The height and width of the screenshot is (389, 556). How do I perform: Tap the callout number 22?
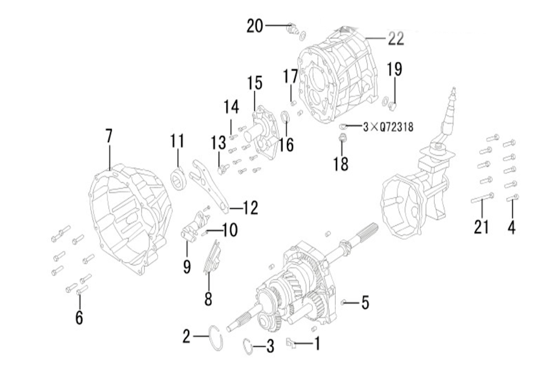point(395,38)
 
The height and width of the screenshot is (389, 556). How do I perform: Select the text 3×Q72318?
point(388,127)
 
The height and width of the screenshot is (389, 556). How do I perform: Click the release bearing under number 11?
point(177,179)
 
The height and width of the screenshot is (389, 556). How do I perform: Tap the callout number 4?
point(510,227)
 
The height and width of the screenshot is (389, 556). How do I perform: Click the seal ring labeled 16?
point(285,117)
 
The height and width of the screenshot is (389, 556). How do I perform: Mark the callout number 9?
point(187,266)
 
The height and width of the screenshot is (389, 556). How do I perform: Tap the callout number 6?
point(79,317)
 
